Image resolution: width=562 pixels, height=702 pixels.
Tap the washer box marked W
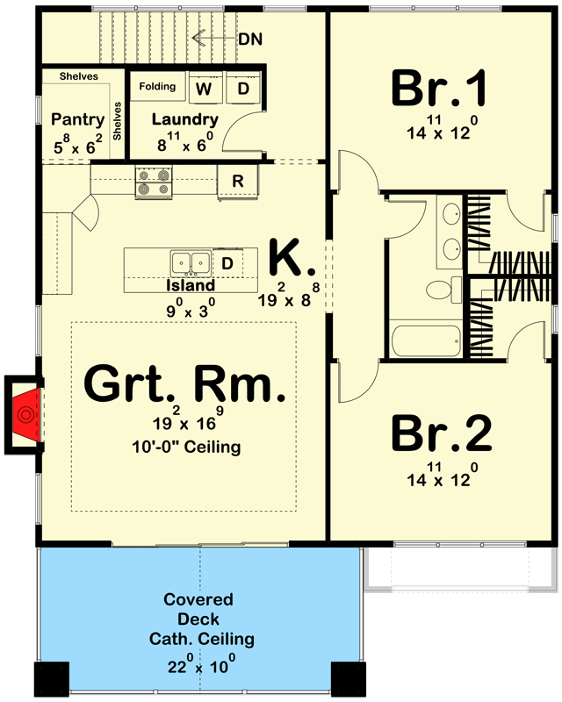coord(203,89)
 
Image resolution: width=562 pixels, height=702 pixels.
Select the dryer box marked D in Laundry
coord(243,89)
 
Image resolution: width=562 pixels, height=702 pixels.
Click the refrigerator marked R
coord(237,182)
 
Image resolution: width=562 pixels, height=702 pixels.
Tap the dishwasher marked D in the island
coord(226,263)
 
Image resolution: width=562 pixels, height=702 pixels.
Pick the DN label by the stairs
coord(250,39)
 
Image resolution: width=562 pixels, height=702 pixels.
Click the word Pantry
coord(77,120)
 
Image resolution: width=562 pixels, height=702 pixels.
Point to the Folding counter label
coord(156,87)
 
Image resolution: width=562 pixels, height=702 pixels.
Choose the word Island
coord(191,285)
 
